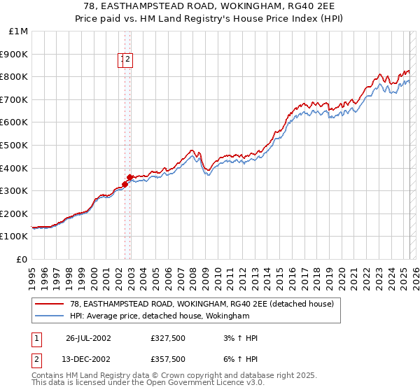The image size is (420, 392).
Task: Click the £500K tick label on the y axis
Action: tap(15, 145)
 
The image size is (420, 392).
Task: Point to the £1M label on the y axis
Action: tap(19, 31)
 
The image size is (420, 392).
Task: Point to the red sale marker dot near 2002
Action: tap(129, 178)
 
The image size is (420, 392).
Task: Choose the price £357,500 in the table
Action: tap(168, 359)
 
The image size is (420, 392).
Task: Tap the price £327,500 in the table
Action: tap(168, 338)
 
